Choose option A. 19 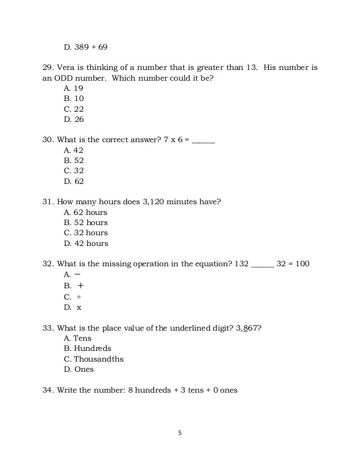point(73,89)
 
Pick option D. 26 point(73,120)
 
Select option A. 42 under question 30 point(73,151)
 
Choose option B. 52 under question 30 point(73,161)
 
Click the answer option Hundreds point(87,349)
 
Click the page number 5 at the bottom point(179,433)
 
